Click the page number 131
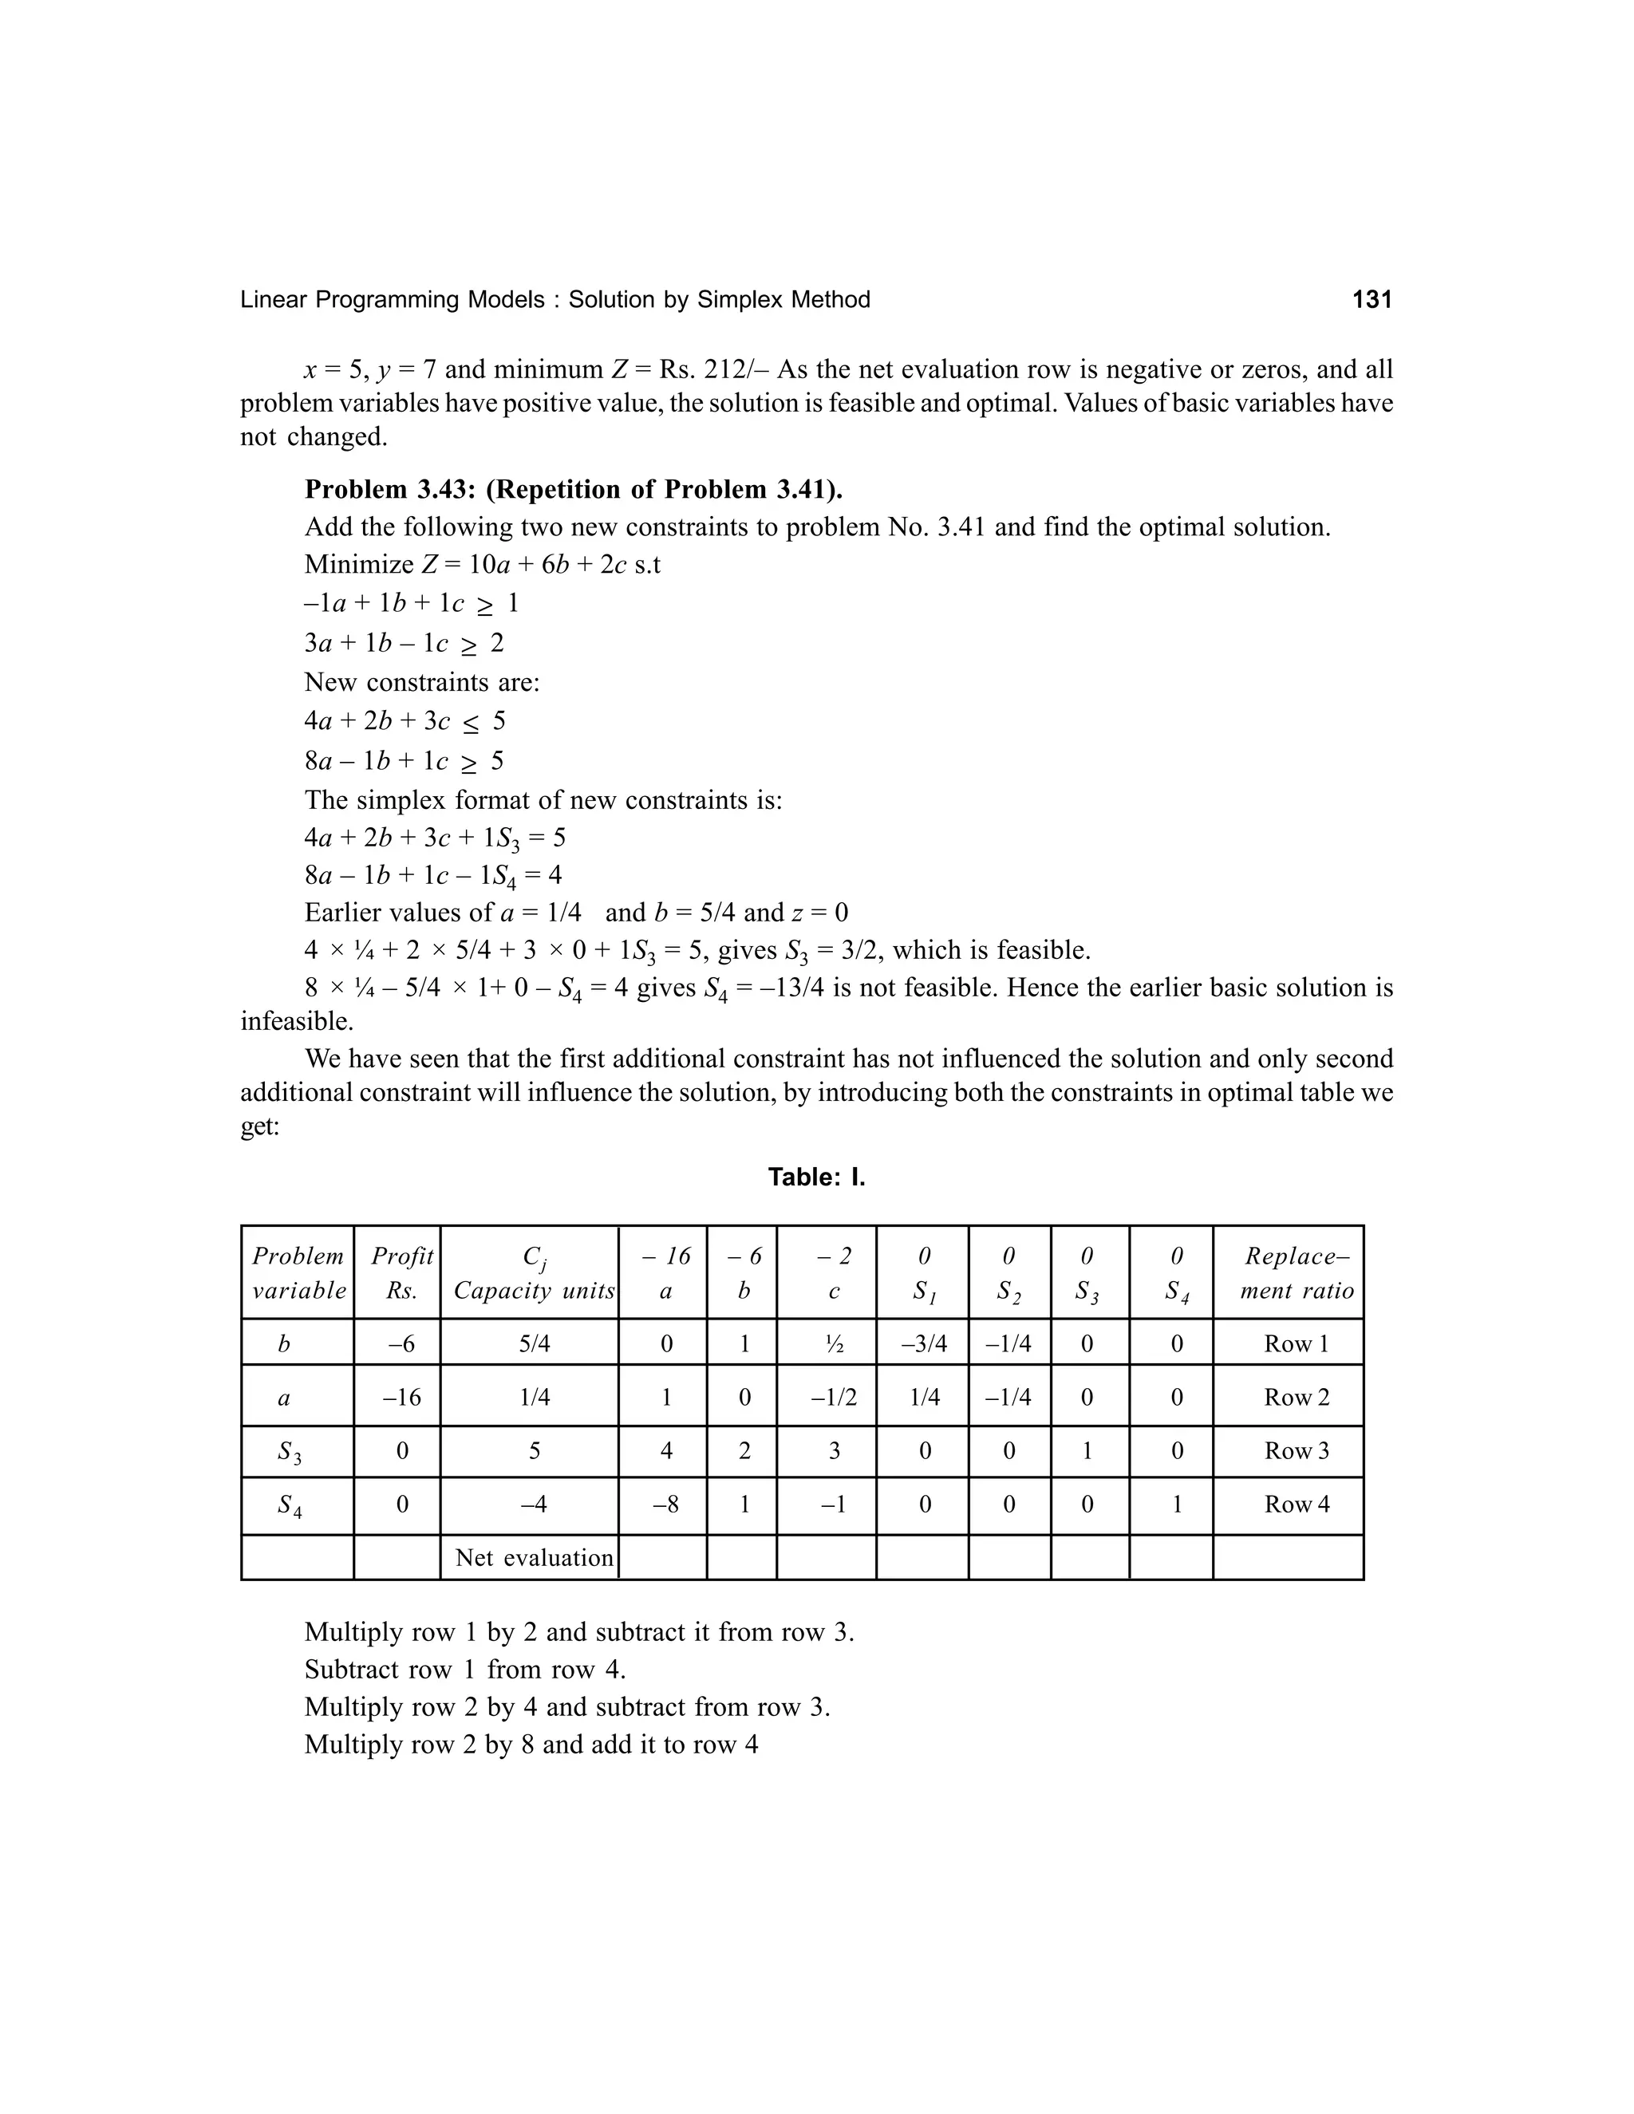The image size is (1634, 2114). coord(1371,300)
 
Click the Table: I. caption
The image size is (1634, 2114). coord(816,1177)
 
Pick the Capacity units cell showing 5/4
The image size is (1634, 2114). coord(535,1343)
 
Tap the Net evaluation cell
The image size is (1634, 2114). coord(535,1557)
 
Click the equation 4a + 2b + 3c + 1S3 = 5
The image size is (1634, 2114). coord(435,838)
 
